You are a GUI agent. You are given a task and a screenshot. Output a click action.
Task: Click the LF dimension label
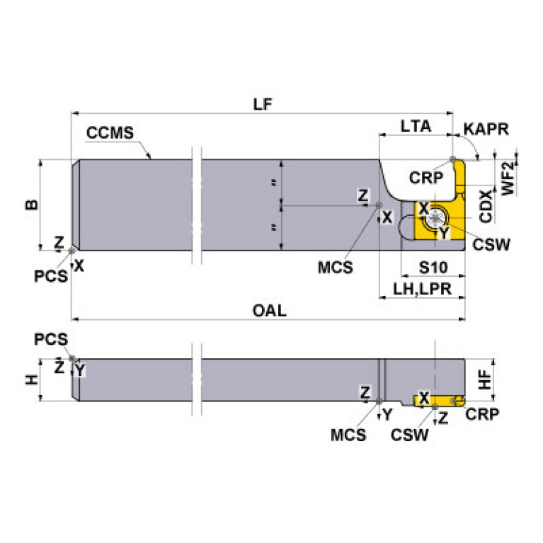263,103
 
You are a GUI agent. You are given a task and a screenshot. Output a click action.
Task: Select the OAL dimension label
269,311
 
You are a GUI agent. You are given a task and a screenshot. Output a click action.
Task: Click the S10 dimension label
433,268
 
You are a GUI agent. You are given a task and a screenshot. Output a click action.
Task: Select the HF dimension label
485,380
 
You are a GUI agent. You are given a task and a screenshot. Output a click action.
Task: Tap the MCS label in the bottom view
348,435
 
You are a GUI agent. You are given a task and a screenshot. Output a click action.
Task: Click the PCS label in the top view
51,275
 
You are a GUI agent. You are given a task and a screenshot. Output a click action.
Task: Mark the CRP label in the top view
425,177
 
